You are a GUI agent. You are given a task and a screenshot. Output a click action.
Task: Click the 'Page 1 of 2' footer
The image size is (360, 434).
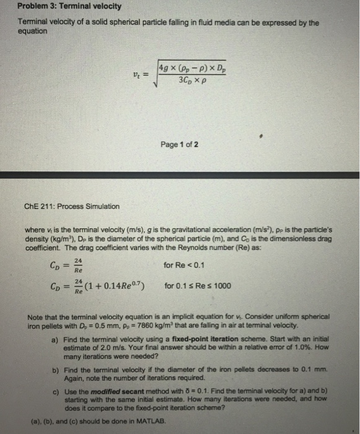[180, 144]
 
